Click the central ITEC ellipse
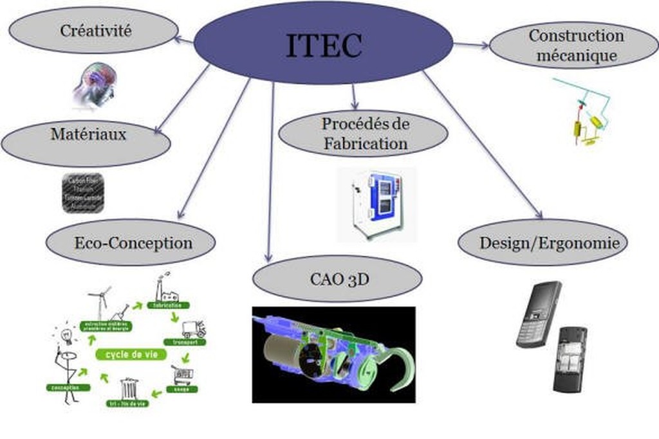click(324, 43)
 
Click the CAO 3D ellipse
click(337, 279)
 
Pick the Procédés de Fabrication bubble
click(364, 133)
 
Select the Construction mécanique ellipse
click(574, 45)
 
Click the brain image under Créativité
click(95, 84)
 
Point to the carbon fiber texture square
click(83, 192)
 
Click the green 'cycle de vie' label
click(131, 354)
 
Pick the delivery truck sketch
click(193, 329)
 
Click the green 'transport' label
click(185, 342)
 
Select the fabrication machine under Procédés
click(378, 203)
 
